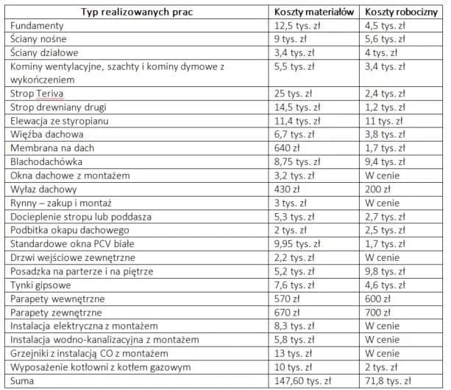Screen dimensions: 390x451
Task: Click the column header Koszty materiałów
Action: tap(315, 13)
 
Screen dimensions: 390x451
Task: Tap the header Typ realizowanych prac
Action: tap(138, 13)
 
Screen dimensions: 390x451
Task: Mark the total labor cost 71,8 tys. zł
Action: tap(389, 380)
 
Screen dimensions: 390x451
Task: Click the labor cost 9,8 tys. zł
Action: tap(386, 271)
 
